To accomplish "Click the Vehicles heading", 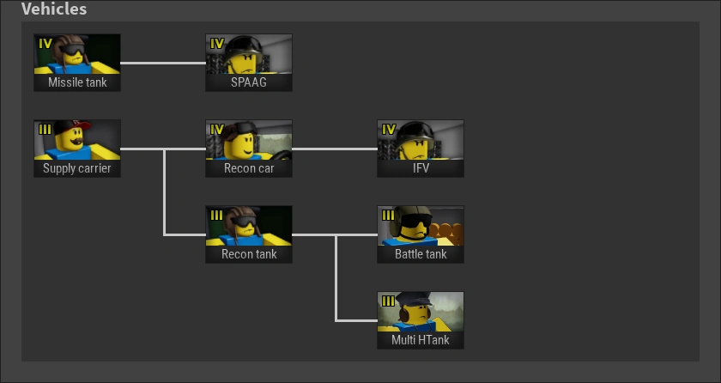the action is point(53,9).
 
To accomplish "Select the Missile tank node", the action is point(77,63).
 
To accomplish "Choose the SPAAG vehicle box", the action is point(249,63).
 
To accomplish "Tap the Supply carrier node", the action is point(77,149).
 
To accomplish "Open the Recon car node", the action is point(249,149).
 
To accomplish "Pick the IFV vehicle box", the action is point(421,149).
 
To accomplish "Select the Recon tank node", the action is point(249,234).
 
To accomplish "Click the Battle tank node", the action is point(421,234).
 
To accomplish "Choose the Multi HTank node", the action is point(421,320).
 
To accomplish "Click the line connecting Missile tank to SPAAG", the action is point(163,63).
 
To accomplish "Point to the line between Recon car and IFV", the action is point(335,149).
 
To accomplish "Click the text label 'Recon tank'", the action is point(249,254).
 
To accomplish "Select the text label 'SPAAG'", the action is point(249,82).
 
